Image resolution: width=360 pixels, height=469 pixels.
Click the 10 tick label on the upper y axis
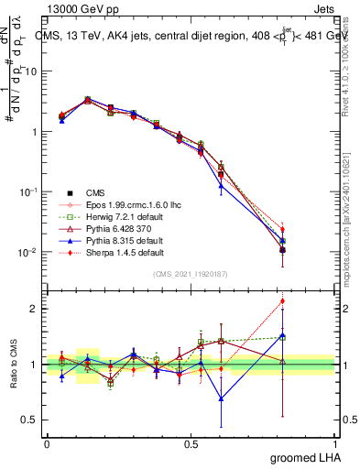[32, 71]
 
